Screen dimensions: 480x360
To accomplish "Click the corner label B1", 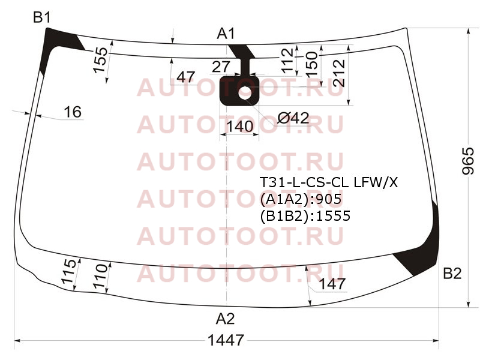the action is pyautogui.click(x=41, y=17).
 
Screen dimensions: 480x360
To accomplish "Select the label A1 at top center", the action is pyautogui.click(x=226, y=34).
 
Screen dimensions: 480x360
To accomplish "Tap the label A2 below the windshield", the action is pyautogui.click(x=226, y=319).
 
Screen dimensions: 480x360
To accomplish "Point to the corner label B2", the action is pyautogui.click(x=452, y=273).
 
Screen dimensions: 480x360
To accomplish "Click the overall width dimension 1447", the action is pyautogui.click(x=226, y=340).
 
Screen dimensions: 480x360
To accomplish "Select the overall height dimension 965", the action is pyautogui.click(x=468, y=161).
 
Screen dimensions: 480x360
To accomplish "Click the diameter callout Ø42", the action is pyautogui.click(x=293, y=118).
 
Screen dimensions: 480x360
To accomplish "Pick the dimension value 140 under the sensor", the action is pyautogui.click(x=240, y=126).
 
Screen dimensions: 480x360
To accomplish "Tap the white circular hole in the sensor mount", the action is pyautogui.click(x=245, y=93).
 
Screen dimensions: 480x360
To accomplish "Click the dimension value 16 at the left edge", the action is pyautogui.click(x=73, y=112).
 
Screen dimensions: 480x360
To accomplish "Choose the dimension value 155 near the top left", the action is pyautogui.click(x=101, y=60).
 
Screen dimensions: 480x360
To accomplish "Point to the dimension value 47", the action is pyautogui.click(x=186, y=77).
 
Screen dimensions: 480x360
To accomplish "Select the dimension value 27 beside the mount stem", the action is pyautogui.click(x=221, y=67).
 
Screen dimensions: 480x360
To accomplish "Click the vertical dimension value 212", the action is pyautogui.click(x=339, y=73).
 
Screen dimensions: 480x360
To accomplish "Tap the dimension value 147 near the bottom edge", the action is pyautogui.click(x=332, y=284).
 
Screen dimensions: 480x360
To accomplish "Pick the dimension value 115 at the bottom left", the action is pyautogui.click(x=68, y=271).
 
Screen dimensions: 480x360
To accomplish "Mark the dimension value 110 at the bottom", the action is pyautogui.click(x=101, y=277).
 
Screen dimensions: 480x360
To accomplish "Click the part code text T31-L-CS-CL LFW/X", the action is pyautogui.click(x=329, y=182).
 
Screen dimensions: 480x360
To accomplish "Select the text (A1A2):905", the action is pyautogui.click(x=301, y=199).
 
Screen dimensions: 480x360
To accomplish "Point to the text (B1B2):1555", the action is pyautogui.click(x=305, y=216).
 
